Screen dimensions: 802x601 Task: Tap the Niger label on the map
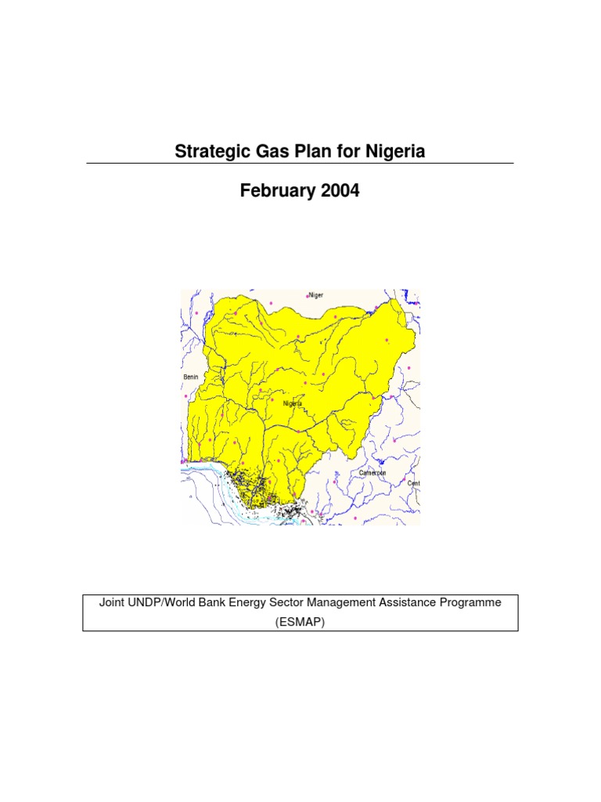pyautogui.click(x=316, y=295)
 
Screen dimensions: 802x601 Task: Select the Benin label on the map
pyautogui.click(x=191, y=377)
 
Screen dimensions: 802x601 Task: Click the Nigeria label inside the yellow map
pyautogui.click(x=293, y=404)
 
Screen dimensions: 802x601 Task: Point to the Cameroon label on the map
pyautogui.click(x=372, y=473)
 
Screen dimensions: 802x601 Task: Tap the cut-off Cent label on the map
pyautogui.click(x=414, y=483)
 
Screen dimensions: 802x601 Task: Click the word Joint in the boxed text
pyautogui.click(x=112, y=603)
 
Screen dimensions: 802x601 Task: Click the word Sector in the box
pyautogui.click(x=311, y=603)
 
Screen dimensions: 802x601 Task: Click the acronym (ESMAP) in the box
pyautogui.click(x=300, y=621)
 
